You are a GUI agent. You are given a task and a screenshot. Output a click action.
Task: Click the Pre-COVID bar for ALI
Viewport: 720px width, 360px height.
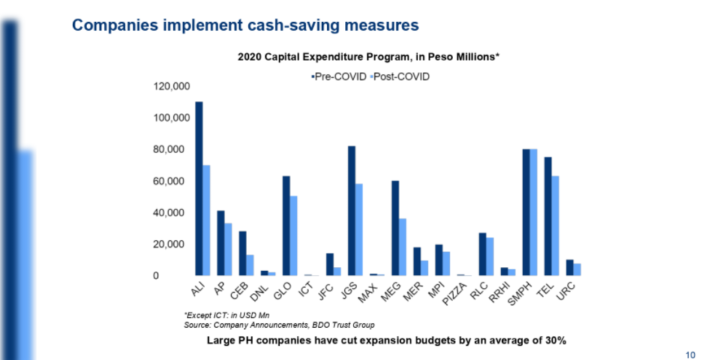pos(199,188)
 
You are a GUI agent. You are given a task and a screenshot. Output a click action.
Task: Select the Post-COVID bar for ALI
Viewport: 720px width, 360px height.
pos(206,220)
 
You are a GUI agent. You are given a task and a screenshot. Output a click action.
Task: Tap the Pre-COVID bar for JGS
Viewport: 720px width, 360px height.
pos(352,211)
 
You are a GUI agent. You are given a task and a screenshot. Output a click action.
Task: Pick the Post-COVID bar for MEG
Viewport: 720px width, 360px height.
pos(403,247)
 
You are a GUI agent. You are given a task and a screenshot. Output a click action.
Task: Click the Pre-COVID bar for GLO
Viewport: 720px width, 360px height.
pos(286,226)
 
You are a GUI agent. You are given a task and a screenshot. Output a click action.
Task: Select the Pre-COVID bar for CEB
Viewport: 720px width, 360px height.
pos(242,253)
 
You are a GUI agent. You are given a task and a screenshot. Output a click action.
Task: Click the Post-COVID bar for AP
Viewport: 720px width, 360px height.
pos(228,249)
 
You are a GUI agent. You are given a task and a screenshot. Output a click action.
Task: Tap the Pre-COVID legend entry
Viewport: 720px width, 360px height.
pos(340,77)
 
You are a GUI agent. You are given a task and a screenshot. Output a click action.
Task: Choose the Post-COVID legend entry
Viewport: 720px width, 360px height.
pos(400,77)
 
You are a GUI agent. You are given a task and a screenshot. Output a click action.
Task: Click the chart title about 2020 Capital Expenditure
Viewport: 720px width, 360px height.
pos(369,58)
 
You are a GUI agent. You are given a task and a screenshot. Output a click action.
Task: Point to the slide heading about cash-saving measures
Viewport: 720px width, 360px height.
pos(245,25)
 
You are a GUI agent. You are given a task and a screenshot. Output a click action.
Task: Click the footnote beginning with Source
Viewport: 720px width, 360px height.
pos(279,325)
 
